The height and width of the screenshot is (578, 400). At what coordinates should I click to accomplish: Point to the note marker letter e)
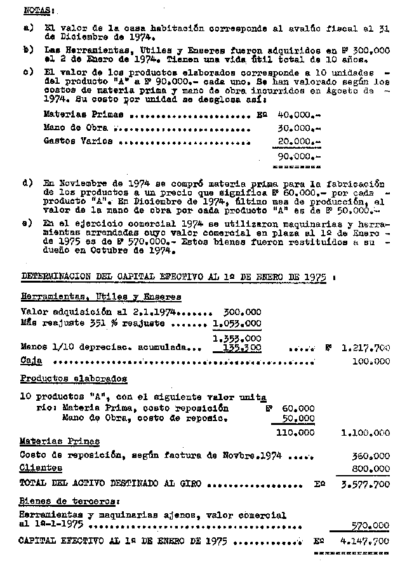coord(27,224)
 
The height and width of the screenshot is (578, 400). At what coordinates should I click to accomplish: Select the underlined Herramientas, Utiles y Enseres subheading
coord(101,297)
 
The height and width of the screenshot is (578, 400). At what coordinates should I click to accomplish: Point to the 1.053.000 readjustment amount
coord(237,323)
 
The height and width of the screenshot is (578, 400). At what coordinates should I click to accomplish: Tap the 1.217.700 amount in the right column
coord(365,348)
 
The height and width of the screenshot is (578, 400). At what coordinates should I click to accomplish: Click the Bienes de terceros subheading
coord(61,501)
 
